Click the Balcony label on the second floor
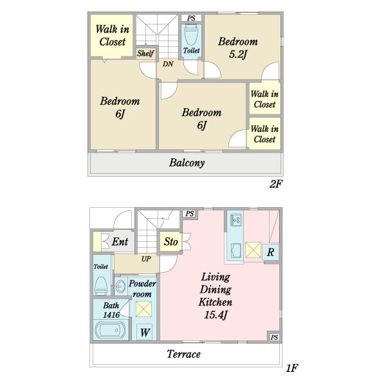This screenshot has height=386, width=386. (x=187, y=163)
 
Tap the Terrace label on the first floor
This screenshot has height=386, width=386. (x=183, y=354)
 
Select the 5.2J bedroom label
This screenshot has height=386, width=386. (x=237, y=48)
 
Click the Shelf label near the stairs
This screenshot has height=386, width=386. (x=145, y=53)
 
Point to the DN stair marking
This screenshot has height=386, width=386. (x=167, y=64)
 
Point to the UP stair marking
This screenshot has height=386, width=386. (x=146, y=259)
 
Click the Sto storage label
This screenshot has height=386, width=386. (x=170, y=242)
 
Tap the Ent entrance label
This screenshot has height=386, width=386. (x=120, y=242)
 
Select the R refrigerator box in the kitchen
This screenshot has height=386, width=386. (x=271, y=252)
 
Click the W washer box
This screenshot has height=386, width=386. (x=145, y=333)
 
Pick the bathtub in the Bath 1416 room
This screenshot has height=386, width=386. (x=112, y=331)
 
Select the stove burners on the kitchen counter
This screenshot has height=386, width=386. (x=235, y=220)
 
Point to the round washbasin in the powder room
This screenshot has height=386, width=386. (x=122, y=286)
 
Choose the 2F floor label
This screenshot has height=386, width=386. (x=275, y=185)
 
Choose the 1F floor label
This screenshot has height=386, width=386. (x=291, y=369)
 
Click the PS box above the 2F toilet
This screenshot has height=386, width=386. (x=191, y=18)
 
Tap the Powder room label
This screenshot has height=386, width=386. (x=142, y=289)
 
